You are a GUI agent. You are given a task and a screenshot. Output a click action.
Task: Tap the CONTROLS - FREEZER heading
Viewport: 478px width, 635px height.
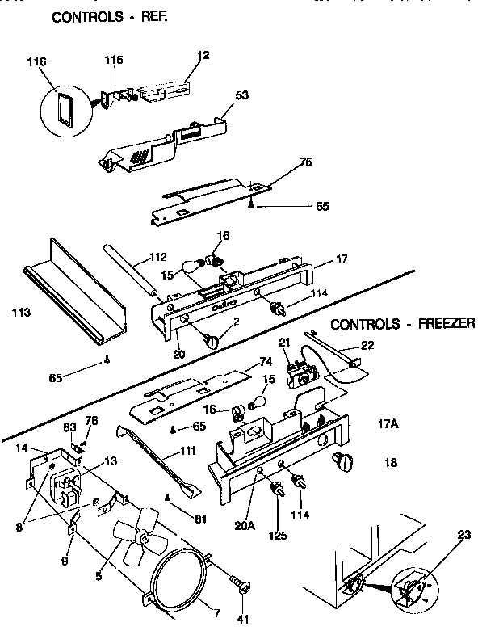[x=402, y=324]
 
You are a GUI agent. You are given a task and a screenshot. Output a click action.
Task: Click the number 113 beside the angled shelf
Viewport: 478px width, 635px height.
[x=22, y=310]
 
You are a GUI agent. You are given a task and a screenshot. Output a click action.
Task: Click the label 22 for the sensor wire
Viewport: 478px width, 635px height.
[x=367, y=346]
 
